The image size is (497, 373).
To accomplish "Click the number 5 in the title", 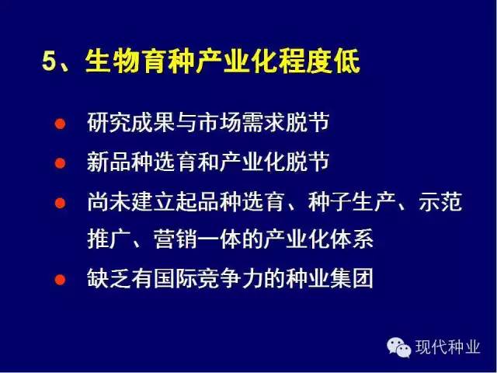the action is (49, 61).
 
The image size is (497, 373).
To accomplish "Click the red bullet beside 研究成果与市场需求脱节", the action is (60, 124).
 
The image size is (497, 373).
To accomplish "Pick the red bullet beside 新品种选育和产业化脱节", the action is (60, 163).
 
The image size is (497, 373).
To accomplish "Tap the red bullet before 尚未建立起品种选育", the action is (60, 203).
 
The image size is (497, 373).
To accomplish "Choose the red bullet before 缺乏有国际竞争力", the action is (60, 280).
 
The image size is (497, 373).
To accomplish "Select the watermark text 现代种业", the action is (447, 347).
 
